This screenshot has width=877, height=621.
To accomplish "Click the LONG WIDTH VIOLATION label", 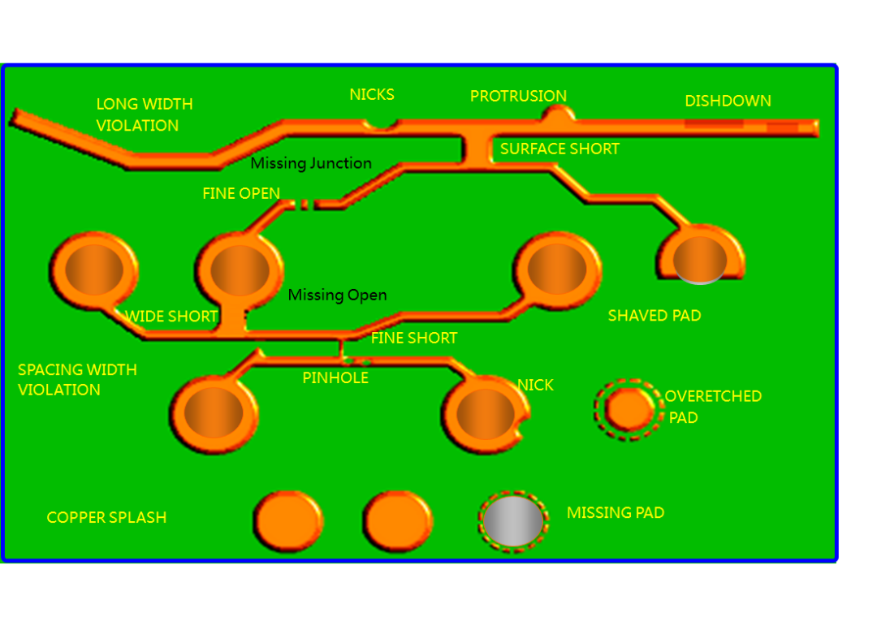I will click(x=145, y=114).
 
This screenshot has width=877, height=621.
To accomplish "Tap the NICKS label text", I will click(x=372, y=95).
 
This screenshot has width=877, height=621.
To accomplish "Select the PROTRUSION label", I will click(x=518, y=97).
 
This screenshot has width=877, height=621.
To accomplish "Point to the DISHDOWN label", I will click(x=728, y=101).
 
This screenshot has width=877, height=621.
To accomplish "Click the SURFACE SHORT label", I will click(x=559, y=149).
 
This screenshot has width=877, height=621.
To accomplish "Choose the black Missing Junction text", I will click(x=311, y=164).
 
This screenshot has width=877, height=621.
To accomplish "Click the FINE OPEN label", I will click(x=241, y=194).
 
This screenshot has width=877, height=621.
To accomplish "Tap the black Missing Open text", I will click(x=337, y=295).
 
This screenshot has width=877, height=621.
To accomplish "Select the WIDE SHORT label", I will click(x=171, y=317).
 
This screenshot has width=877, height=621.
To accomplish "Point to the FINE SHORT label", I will click(x=414, y=339).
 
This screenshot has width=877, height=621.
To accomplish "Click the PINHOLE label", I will click(x=335, y=378).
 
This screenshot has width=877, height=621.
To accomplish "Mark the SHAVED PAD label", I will click(x=655, y=316).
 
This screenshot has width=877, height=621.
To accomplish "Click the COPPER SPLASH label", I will click(x=106, y=518).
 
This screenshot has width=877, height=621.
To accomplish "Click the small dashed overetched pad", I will click(x=629, y=409).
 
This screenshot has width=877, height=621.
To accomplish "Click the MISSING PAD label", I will click(x=616, y=513).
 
